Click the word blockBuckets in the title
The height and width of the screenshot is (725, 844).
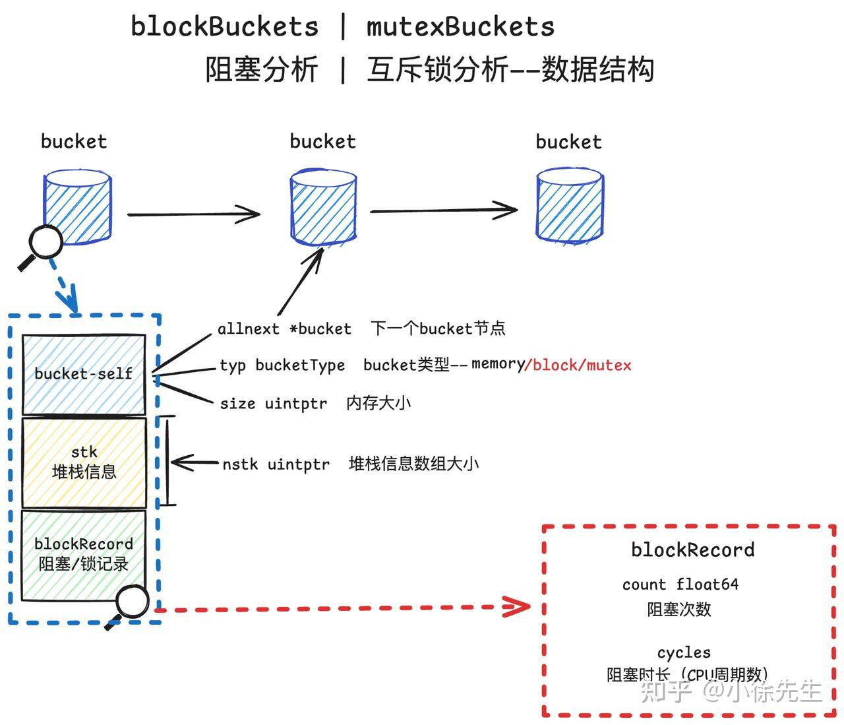(224, 26)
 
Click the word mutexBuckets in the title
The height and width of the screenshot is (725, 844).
(460, 26)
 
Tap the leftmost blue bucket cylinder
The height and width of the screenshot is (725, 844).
(78, 206)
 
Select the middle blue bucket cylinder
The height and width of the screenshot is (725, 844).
(323, 206)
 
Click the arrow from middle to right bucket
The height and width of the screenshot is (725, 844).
(443, 211)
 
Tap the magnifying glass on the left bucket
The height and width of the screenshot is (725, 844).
(45, 243)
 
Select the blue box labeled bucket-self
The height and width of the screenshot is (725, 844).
(84, 373)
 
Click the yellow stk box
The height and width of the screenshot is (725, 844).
(84, 462)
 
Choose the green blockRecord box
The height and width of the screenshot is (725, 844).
(84, 554)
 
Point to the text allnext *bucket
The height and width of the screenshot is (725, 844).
(284, 329)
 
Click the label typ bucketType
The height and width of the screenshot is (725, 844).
(282, 365)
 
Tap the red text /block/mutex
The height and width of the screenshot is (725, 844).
(578, 365)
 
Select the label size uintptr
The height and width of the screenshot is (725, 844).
(273, 403)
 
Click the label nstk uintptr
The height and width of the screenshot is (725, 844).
(276, 464)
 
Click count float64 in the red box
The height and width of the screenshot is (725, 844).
(680, 584)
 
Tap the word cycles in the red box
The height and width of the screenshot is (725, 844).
(684, 652)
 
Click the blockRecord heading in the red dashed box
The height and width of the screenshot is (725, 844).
(692, 550)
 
